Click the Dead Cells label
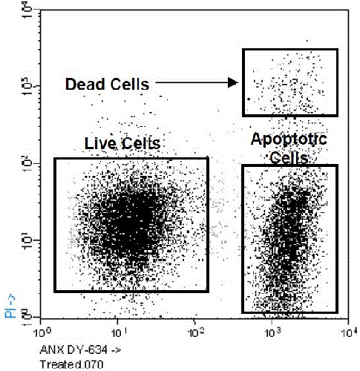point(107,84)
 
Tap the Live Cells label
point(122,142)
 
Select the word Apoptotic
point(288,139)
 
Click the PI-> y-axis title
point(11,305)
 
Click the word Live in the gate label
point(99,142)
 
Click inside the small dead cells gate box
point(290,82)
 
